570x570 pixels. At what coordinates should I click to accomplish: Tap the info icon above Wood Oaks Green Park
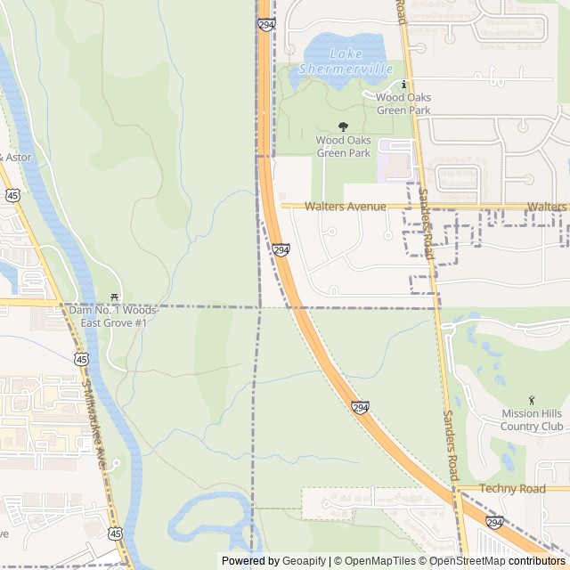pos(403,85)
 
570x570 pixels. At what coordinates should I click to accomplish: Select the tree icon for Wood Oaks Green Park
pos(343,127)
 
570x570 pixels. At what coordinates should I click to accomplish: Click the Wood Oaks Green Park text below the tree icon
pos(343,146)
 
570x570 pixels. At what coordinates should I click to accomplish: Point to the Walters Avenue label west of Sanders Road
pos(345,207)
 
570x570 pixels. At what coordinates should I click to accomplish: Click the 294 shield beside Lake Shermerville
pos(267,24)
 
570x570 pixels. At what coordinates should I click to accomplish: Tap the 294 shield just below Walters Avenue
pos(281,251)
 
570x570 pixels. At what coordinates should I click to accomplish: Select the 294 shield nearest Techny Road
pos(494,521)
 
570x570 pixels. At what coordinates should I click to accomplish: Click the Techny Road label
pos(512,489)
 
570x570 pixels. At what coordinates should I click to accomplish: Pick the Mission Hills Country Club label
pos(532,419)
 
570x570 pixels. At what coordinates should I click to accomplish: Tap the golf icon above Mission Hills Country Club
pos(532,400)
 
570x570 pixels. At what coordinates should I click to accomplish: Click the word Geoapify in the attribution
pos(303,561)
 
